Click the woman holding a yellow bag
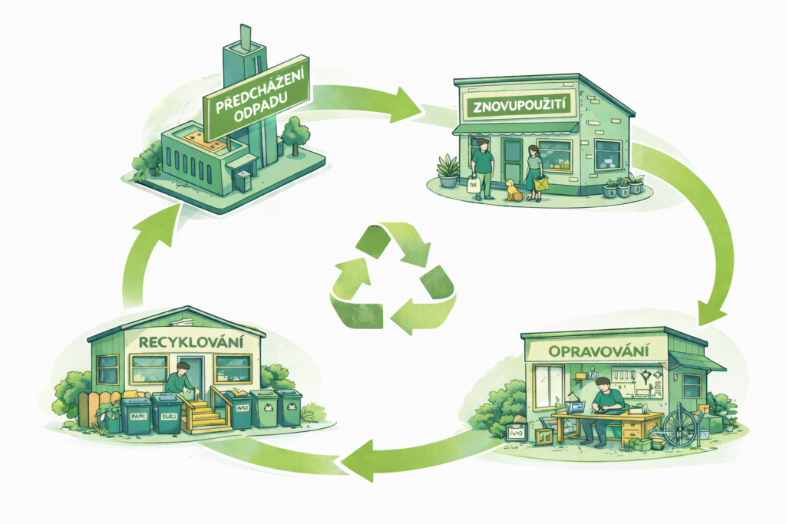[x=533, y=173]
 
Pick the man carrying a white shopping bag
[x=482, y=169]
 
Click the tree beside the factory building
[x=294, y=134]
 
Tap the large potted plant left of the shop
[x=448, y=170]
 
